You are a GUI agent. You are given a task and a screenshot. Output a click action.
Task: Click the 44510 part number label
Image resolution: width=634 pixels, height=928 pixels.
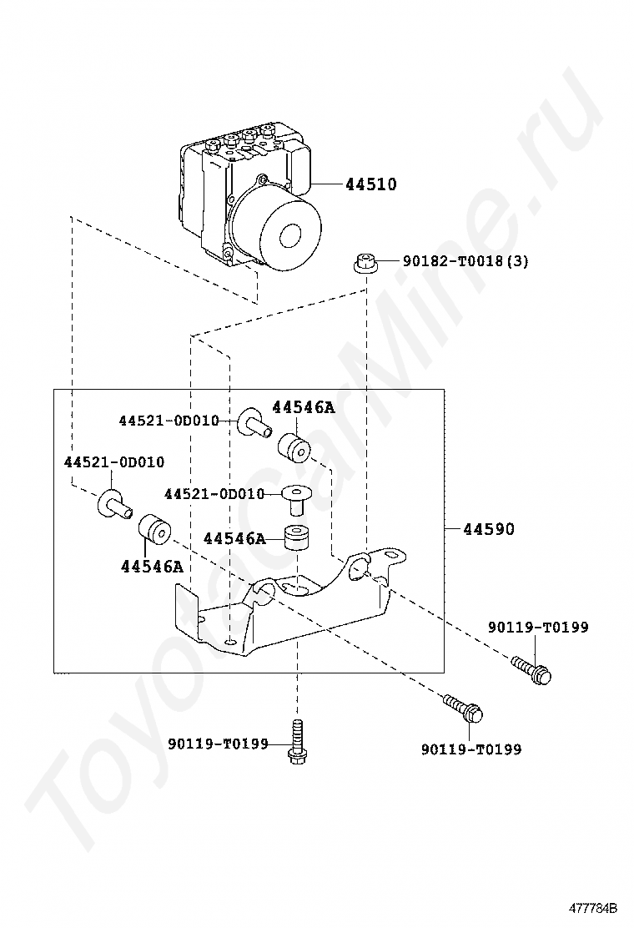click(x=371, y=184)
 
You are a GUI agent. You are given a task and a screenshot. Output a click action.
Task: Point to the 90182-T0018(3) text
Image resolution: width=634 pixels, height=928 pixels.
click(x=465, y=261)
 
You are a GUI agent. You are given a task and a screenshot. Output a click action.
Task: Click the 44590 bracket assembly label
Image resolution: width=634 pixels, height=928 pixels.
click(x=489, y=529)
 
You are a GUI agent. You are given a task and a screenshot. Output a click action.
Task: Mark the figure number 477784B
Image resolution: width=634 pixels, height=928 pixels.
click(x=593, y=907)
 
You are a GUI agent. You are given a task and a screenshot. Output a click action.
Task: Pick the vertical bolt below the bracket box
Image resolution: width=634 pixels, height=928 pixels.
click(x=296, y=742)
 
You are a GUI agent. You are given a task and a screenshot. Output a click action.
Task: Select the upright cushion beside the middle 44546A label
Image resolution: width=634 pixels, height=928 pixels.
click(x=296, y=538)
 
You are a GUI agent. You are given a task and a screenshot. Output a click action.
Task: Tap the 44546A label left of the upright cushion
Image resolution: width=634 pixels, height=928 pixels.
click(x=234, y=539)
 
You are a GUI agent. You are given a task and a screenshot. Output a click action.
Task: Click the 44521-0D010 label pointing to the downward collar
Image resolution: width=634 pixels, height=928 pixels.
click(x=214, y=494)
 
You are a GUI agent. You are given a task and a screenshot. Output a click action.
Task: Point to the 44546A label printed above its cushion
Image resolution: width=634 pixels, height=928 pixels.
click(x=303, y=407)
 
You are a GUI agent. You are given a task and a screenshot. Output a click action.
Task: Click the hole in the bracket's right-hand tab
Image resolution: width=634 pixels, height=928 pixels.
click(x=360, y=567)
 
